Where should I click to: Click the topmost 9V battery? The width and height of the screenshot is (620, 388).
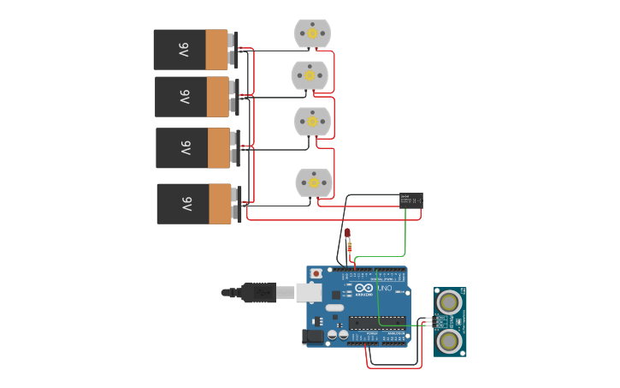coord(192,50)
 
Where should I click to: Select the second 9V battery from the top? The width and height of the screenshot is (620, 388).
coord(193,97)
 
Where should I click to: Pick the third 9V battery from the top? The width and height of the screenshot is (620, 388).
coord(194,148)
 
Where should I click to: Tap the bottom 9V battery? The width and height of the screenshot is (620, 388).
coord(196,204)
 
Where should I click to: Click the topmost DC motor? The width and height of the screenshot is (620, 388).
coord(312,33)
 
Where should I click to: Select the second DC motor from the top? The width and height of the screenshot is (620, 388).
coord(310,75)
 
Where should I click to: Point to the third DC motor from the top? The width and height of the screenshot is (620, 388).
coord(312,122)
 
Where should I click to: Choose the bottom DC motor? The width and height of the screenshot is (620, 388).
coord(313,182)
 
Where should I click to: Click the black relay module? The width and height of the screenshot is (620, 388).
coord(410,200)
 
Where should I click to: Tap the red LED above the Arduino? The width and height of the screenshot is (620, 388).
coord(347,233)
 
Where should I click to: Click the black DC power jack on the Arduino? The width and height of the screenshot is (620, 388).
coord(316,337)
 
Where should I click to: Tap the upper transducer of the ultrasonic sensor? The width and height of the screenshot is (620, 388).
coord(449,301)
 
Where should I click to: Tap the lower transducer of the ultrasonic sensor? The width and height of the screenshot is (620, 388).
coord(449,341)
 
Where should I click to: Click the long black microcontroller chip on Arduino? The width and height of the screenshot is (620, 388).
coord(376,322)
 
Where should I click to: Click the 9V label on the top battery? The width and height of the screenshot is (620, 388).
coord(183,50)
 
